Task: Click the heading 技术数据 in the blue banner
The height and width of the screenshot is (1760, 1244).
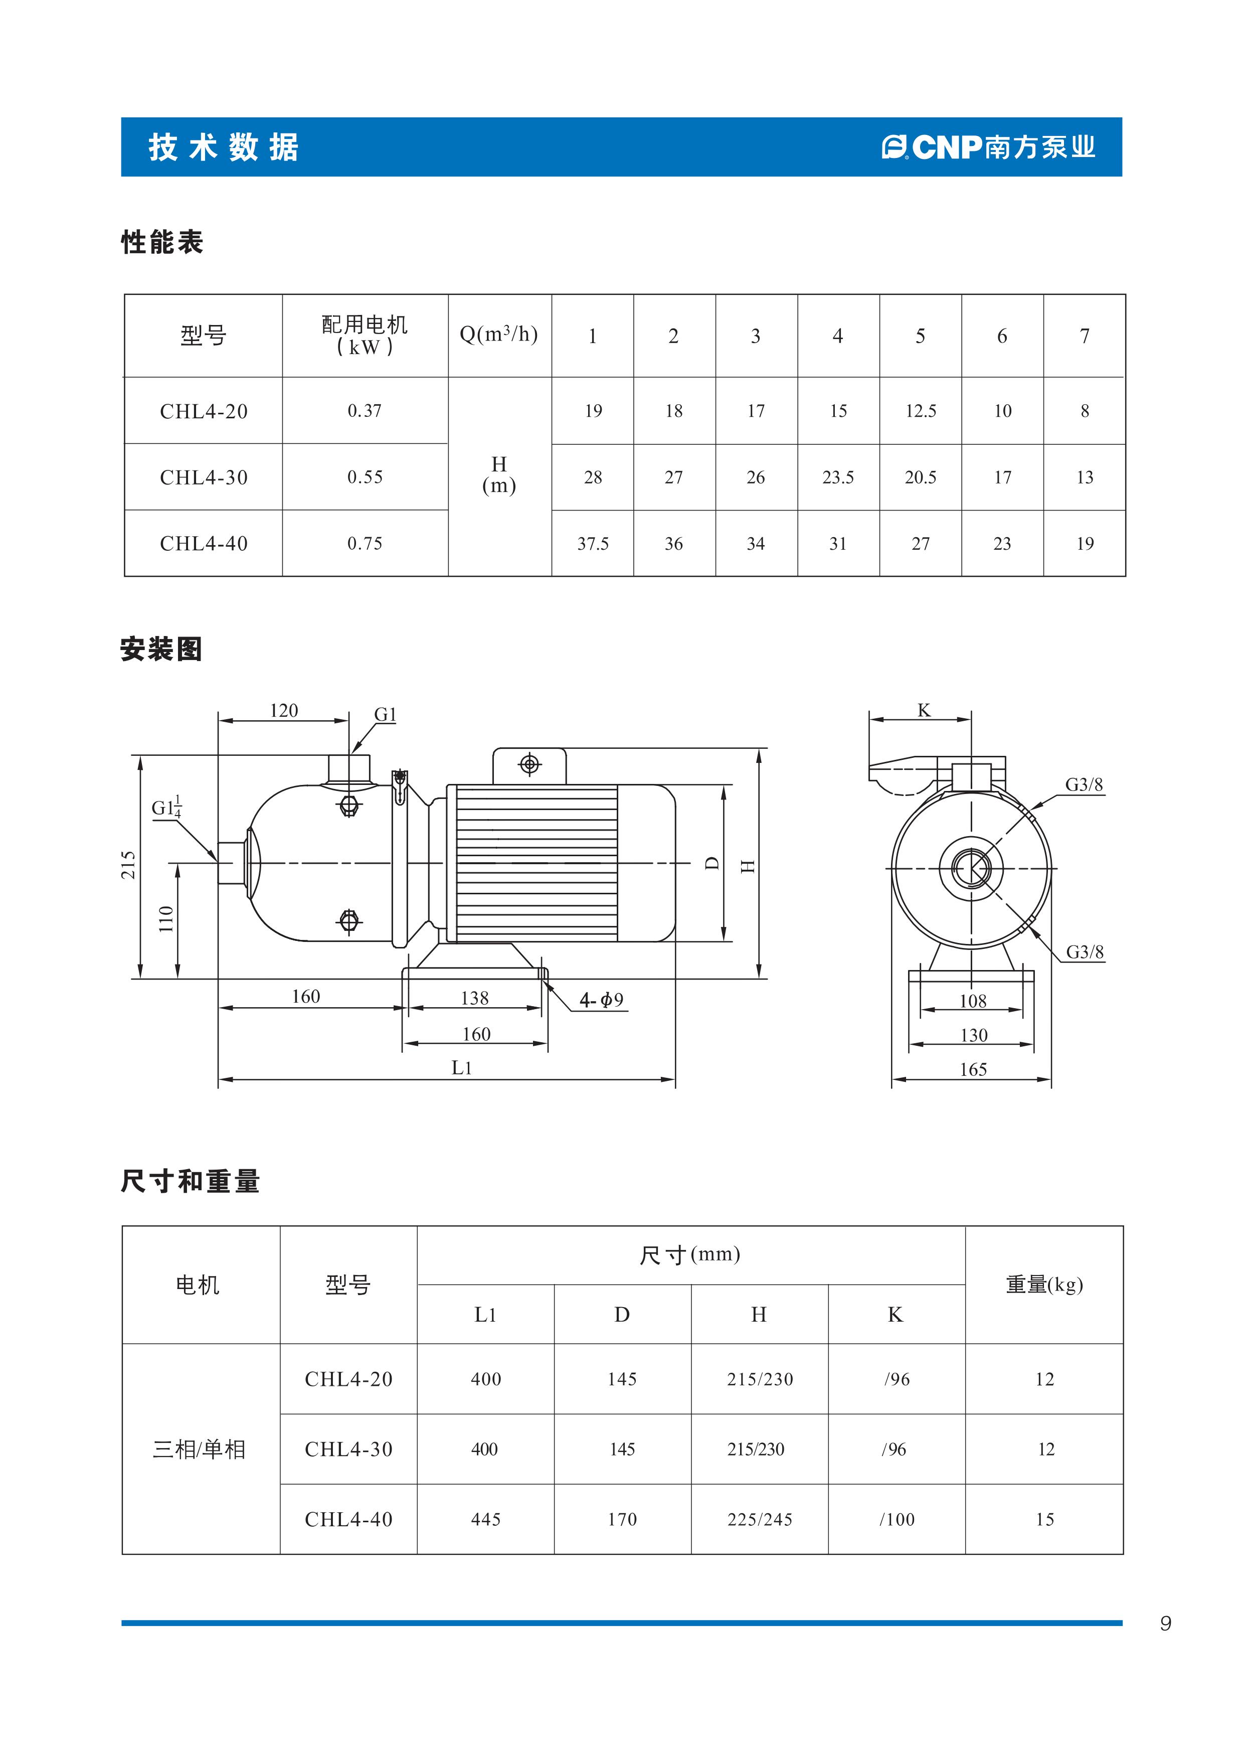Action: tap(223, 147)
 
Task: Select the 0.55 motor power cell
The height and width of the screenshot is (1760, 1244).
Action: tap(365, 477)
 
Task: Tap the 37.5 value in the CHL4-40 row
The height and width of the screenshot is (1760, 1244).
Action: tap(593, 544)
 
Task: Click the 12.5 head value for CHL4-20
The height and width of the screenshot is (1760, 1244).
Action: tap(921, 411)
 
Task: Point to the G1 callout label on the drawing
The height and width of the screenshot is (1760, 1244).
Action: tap(385, 714)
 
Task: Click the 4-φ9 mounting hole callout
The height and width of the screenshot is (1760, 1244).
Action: tap(602, 1000)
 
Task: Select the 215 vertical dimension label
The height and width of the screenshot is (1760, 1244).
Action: tap(128, 865)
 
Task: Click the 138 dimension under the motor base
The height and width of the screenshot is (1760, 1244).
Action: tap(474, 998)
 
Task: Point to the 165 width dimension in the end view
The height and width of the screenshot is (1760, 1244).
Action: tap(973, 1069)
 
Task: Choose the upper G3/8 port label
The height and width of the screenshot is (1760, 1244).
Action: tap(1084, 784)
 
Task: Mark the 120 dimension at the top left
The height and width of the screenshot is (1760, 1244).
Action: tap(284, 711)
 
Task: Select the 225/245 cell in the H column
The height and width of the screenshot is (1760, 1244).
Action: tap(760, 1519)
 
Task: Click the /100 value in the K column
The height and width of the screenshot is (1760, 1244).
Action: tap(897, 1519)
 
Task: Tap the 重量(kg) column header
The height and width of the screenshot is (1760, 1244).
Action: tap(1044, 1285)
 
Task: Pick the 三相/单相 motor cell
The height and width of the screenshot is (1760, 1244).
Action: tap(199, 1449)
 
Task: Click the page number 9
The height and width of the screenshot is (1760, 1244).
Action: tap(1165, 1624)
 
